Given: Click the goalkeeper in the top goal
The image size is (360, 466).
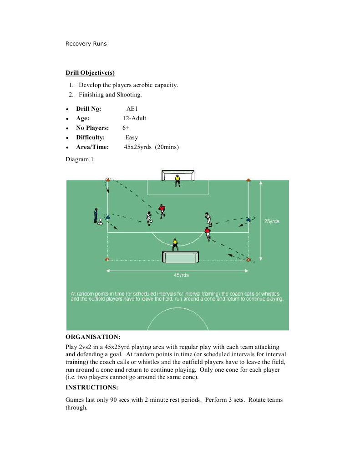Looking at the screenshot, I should pyautogui.click(x=177, y=180).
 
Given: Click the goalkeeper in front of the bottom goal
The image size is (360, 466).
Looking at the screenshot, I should pyautogui.click(x=174, y=245).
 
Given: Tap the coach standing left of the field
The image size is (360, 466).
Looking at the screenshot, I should pyautogui.click(x=96, y=215).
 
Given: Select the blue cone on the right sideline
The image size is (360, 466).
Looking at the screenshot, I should pyautogui.click(x=248, y=220).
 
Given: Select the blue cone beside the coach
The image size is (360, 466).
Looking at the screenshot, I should pyautogui.click(x=108, y=218).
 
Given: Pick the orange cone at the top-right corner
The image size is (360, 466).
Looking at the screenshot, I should pyautogui.click(x=248, y=180).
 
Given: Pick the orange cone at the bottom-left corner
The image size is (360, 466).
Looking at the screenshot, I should pyautogui.click(x=107, y=260).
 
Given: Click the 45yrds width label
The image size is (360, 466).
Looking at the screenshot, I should pyautogui.click(x=181, y=275).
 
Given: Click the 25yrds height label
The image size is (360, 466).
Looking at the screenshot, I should pyautogui.click(x=272, y=221).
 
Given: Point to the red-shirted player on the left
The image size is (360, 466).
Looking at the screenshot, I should pyautogui.click(x=162, y=210).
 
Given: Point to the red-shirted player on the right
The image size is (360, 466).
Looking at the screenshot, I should pyautogui.click(x=208, y=233).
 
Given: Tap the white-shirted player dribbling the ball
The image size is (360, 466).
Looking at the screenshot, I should pyautogui.click(x=149, y=218).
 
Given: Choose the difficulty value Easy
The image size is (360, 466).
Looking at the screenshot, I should pyautogui.click(x=132, y=137).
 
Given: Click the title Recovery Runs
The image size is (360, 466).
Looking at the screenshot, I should pyautogui.click(x=86, y=44).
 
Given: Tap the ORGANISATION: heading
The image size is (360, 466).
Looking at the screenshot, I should pyautogui.click(x=93, y=337).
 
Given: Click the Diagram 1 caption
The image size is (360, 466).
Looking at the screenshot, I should pyautogui.click(x=80, y=159).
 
